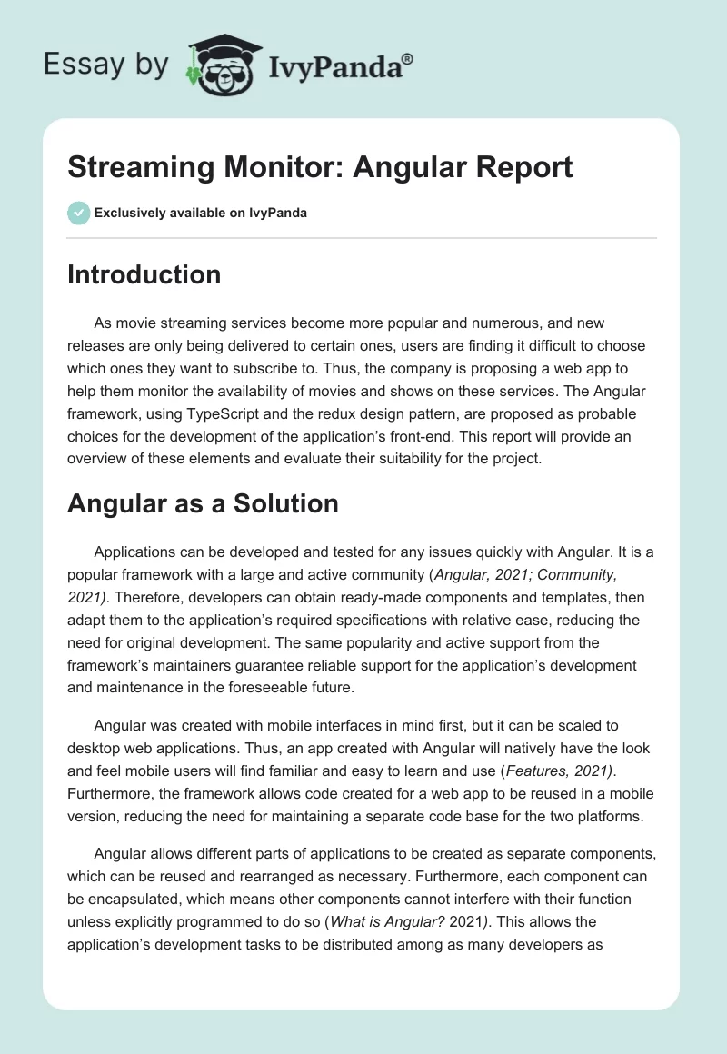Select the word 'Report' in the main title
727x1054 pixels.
tap(527, 167)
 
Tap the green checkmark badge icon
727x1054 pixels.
tap(78, 213)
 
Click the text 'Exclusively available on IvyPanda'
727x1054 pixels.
tap(200, 214)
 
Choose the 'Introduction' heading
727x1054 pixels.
tap(144, 274)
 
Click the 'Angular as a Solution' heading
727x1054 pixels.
tap(203, 503)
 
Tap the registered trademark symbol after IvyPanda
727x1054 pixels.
tap(408, 58)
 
